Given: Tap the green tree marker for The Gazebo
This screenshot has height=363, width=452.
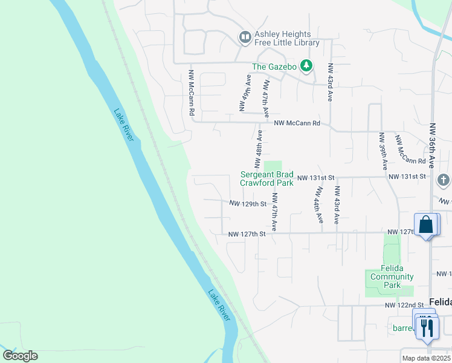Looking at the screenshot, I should [x=306, y=65].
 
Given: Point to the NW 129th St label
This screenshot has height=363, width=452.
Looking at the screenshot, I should [x=248, y=204].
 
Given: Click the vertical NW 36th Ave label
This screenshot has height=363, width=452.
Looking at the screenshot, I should [x=433, y=145].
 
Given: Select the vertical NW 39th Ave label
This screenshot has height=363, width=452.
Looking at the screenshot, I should [x=383, y=151].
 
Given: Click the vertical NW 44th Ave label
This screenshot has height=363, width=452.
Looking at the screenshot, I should [x=318, y=204].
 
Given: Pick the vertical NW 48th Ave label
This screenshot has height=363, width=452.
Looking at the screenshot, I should [x=258, y=149].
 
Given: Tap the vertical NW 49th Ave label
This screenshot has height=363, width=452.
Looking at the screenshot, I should [x=244, y=93].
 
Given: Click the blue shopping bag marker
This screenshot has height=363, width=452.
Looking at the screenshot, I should [x=426, y=224].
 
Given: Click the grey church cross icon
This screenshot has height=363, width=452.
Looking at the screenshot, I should [x=444, y=180].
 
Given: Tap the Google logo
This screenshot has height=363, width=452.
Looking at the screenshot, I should [x=20, y=356].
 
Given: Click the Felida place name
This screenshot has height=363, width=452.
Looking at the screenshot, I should [x=440, y=301].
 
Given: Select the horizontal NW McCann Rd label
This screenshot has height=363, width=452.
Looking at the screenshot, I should [x=297, y=123].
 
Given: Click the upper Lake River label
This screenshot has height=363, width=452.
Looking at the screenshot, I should [x=123, y=125].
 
